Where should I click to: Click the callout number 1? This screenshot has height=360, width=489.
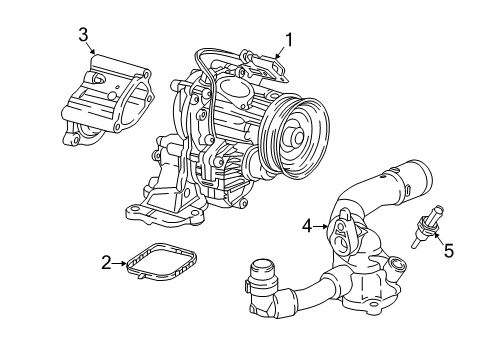288,40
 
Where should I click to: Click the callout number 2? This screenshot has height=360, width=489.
106,264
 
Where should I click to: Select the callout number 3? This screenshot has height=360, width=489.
84,35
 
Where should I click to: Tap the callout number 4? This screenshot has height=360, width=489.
309,227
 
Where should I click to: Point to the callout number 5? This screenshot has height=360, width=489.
449,249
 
